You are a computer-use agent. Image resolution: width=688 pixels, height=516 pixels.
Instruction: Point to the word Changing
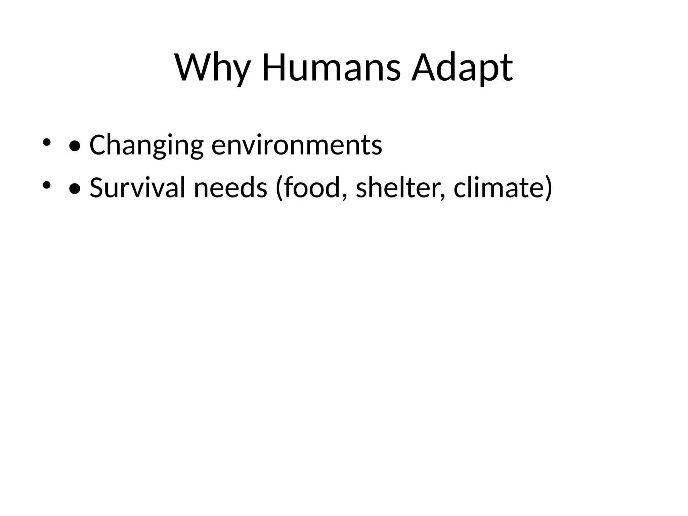tap(146, 145)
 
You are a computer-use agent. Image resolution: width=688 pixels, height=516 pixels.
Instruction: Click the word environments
tap(297, 145)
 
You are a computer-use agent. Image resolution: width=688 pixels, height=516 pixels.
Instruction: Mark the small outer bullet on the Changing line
tap(46, 142)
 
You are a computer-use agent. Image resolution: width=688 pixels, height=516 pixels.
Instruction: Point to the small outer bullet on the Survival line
tap(46, 184)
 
